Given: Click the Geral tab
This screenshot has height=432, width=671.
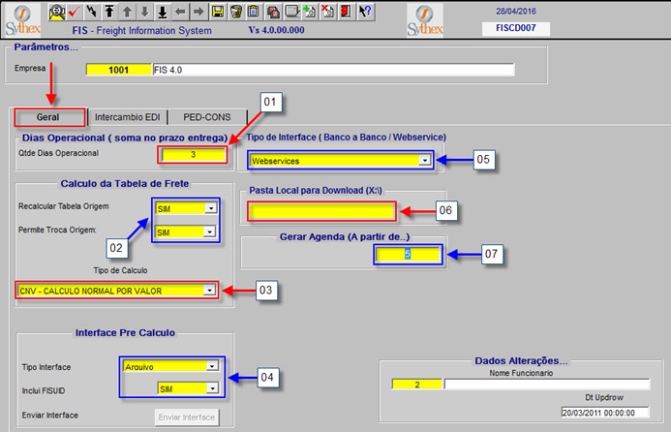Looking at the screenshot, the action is coord(49,117).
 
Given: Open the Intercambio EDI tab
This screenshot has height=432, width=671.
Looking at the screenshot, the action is coord(128,117).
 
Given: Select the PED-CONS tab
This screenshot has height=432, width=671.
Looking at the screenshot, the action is coord(207,117).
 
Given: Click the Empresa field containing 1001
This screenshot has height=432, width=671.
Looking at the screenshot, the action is coord(119,70).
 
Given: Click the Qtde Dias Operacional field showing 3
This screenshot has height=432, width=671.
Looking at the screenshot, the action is coord(193,155).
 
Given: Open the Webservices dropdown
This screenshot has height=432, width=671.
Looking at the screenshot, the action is coord(340,161).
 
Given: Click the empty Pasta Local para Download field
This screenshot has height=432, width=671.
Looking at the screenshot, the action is coord(321,211).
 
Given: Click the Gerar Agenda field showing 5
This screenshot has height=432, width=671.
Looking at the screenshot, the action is coord(408,255).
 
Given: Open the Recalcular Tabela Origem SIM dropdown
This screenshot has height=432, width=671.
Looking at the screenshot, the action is coord(186,208).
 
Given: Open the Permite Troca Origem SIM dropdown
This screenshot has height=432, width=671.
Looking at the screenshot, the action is coord(185,232).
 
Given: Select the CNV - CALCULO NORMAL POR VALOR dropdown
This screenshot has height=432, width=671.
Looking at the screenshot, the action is coord(116,291).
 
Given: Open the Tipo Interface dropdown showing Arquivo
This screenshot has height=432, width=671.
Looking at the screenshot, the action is coord(170,366).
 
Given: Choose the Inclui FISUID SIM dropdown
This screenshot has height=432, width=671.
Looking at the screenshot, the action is coord(188,388).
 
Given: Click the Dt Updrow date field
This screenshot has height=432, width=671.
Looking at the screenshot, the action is coord(605,413).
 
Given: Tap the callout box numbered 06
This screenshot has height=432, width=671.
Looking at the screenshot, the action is coord(445,210).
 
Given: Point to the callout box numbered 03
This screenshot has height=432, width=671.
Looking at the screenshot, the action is coord(265,291).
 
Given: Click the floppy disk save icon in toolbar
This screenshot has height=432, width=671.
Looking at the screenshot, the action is coord(218,12).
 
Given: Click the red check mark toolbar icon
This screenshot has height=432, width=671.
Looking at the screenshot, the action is coord(74,12).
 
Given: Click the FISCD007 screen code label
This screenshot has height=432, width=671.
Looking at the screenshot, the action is coord(516,28).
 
